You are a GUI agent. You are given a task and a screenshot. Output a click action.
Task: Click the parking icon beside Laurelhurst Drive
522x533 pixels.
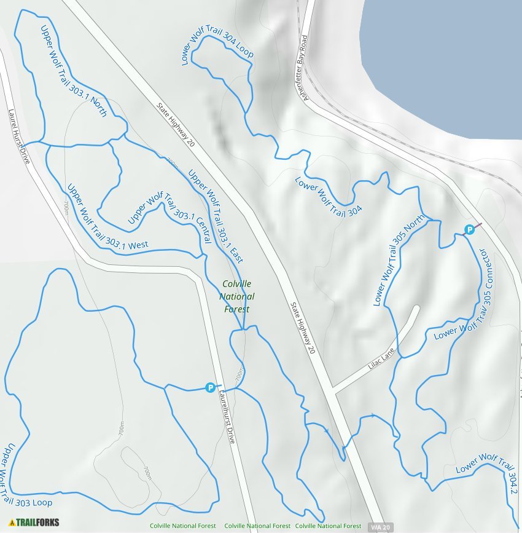tap(210, 387)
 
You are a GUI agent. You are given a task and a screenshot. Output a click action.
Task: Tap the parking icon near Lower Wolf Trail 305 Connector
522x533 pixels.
tap(469, 230)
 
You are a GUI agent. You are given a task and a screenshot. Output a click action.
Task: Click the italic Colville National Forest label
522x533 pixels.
tap(238, 296)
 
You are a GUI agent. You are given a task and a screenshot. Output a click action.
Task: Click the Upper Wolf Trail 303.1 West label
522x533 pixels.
tap(107, 218)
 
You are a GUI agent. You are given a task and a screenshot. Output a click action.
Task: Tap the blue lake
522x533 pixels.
tap(442, 55)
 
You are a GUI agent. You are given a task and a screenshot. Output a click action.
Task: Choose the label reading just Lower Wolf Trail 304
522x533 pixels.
tap(329, 195)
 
